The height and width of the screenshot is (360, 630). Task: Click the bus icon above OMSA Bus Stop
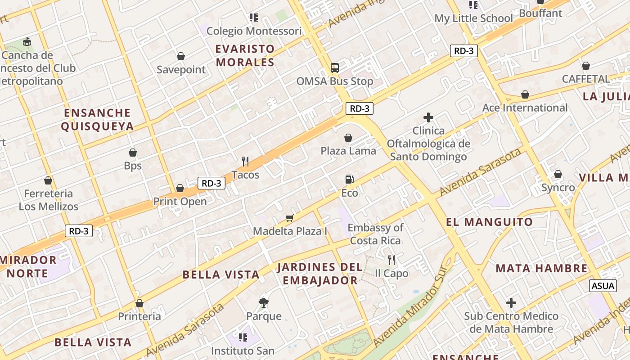point(334,68)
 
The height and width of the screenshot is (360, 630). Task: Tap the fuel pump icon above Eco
point(349,180)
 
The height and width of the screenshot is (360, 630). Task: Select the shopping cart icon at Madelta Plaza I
point(289,218)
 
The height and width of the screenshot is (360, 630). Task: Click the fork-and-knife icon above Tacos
point(245,161)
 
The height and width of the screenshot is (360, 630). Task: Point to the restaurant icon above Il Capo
point(391,260)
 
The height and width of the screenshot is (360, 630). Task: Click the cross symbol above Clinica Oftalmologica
point(428,118)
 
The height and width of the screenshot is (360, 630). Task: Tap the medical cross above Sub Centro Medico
point(511,303)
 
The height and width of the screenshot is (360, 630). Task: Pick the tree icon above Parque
point(264,302)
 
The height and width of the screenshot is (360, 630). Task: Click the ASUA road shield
point(603,285)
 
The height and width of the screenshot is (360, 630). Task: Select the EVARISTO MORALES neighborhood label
point(245,55)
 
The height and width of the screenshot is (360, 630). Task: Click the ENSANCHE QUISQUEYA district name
point(97,119)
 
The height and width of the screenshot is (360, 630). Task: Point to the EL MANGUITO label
point(489,222)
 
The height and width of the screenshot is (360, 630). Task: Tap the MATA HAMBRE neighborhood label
point(542,269)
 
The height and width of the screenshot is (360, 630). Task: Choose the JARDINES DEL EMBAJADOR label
point(319,274)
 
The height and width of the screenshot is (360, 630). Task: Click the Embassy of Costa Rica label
point(375,234)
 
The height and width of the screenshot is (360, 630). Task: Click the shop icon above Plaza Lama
point(348,137)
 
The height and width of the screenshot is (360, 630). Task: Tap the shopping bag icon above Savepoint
point(181,56)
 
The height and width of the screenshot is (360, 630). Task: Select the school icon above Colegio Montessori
point(254,18)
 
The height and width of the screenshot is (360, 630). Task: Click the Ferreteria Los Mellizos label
point(49,200)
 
